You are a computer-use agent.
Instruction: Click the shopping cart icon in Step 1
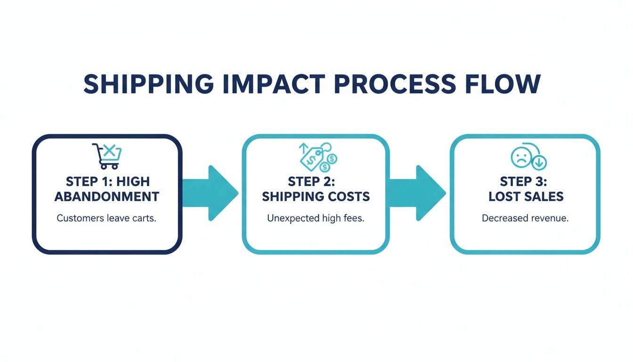click(x=107, y=156)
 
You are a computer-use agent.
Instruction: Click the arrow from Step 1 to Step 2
click(x=210, y=193)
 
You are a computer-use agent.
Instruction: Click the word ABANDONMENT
click(x=107, y=197)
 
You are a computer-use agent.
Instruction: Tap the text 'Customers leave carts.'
click(x=106, y=219)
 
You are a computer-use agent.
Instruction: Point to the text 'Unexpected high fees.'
click(x=316, y=219)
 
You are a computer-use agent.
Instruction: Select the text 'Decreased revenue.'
click(x=525, y=219)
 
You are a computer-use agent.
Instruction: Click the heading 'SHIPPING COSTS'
click(x=316, y=197)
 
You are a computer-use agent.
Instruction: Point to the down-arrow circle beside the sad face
click(x=539, y=163)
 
